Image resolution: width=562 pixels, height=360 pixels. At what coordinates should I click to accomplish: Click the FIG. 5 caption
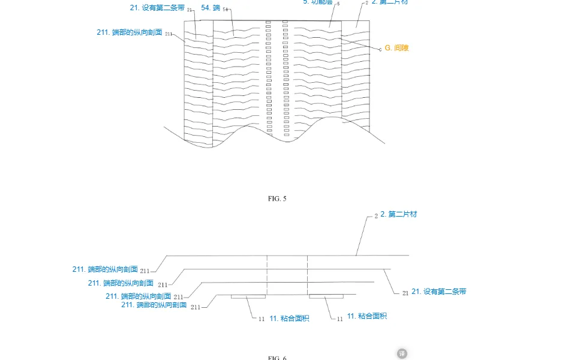tap(278, 198)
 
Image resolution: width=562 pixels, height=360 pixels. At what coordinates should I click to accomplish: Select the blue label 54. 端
tap(211, 8)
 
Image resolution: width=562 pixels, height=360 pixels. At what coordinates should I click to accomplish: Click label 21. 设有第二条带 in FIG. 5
tap(157, 8)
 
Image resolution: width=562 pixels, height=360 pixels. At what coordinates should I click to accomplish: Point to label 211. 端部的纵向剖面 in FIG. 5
tap(130, 32)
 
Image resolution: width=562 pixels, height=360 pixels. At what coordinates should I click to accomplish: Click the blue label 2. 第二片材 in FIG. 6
tap(398, 214)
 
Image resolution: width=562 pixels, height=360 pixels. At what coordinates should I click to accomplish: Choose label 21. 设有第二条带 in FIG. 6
tap(438, 292)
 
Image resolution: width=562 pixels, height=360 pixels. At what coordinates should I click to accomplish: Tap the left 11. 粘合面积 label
tap(289, 318)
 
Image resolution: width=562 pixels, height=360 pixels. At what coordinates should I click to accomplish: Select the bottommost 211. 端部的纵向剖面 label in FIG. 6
tap(154, 305)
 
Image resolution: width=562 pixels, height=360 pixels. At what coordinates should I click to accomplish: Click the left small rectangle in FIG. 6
tap(248, 296)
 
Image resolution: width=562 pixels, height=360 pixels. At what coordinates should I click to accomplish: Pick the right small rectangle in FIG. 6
tap(326, 296)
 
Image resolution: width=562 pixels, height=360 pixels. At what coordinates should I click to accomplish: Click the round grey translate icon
tap(402, 353)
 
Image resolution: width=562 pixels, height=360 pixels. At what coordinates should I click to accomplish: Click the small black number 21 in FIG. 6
tap(405, 293)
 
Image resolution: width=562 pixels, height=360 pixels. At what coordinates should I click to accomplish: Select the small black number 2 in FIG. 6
tap(376, 215)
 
